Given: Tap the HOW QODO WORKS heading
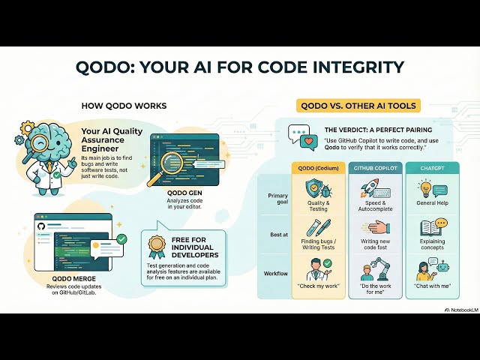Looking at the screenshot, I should coord(124,106).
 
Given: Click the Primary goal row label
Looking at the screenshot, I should coord(278,199).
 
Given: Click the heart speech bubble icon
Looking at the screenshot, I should coord(307,140).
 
